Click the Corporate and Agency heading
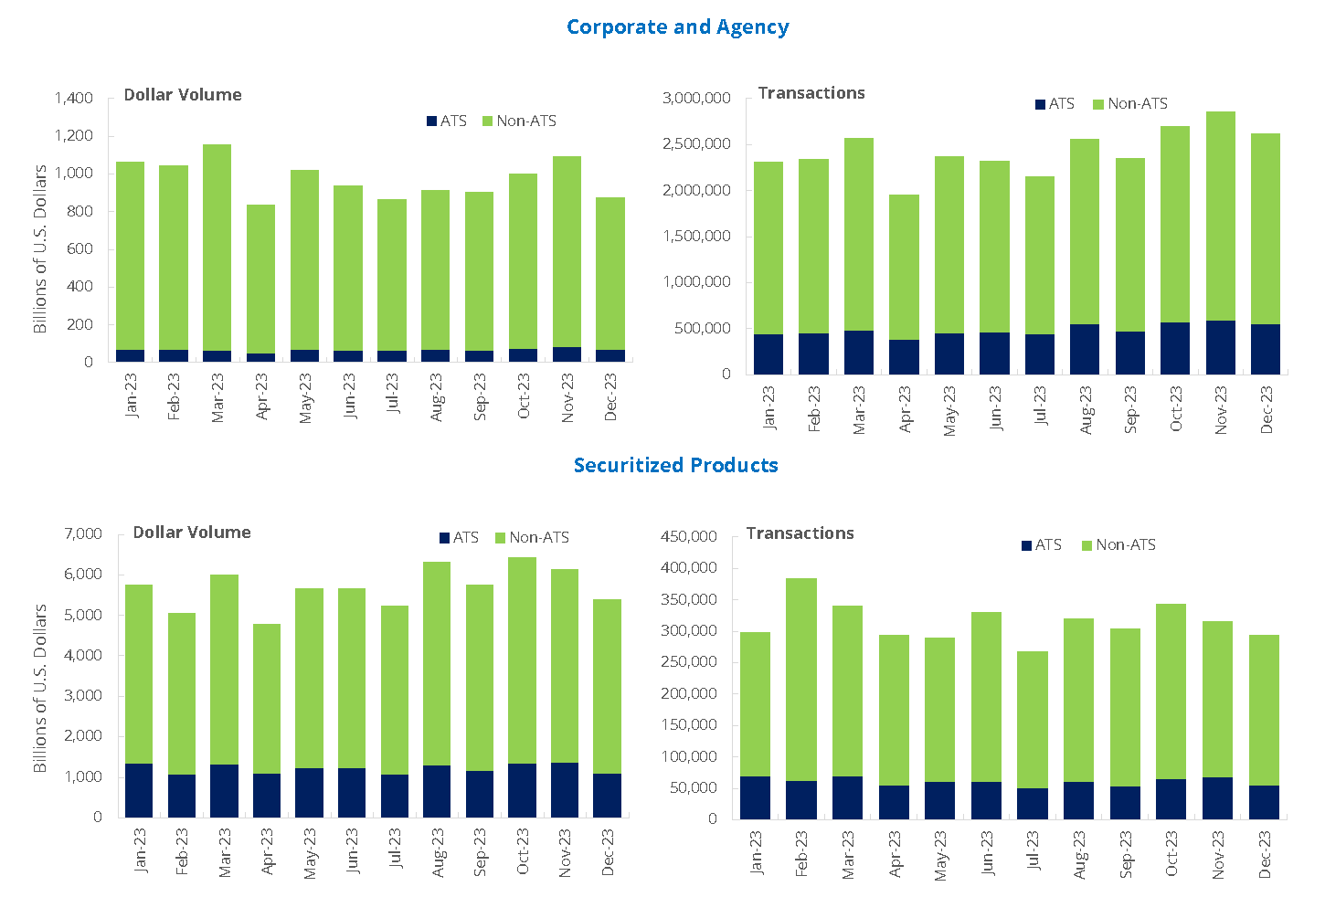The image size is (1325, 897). click(677, 27)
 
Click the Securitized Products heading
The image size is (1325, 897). click(675, 465)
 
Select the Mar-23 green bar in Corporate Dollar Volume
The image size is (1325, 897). click(217, 247)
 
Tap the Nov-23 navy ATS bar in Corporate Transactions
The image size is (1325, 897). click(1220, 347)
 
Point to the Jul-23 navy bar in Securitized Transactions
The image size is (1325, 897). click(1033, 803)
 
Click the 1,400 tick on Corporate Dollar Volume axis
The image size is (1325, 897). click(73, 99)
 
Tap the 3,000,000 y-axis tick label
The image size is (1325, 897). click(695, 99)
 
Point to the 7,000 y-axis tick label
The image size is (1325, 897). click(83, 534)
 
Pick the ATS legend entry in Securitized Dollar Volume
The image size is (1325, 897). click(459, 538)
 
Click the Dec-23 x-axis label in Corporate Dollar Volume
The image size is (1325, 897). click(610, 396)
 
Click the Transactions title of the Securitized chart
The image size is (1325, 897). click(800, 533)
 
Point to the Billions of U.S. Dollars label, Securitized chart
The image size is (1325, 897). click(40, 688)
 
